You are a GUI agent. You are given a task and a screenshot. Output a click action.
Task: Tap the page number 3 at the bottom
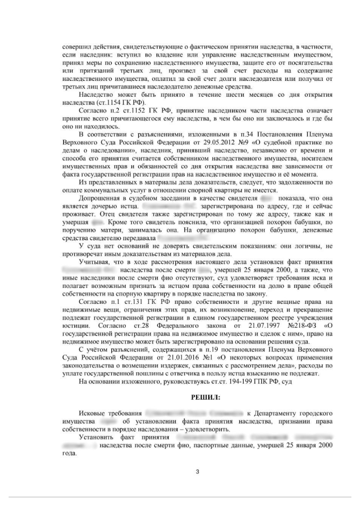pyautogui.click(x=197, y=471)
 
